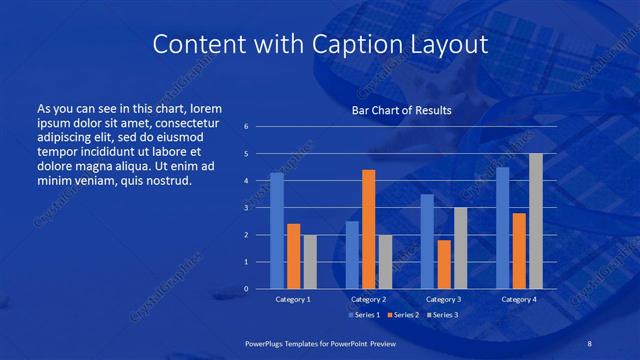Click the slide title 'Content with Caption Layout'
point(320,45)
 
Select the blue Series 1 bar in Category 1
point(277,231)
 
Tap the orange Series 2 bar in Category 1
point(293,256)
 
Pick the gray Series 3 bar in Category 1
point(310,262)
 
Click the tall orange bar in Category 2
point(368,229)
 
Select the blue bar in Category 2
point(352,255)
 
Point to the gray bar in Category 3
point(460,248)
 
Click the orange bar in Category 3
point(444,264)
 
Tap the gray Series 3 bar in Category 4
point(536,221)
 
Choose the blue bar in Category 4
point(502,228)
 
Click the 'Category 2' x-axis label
point(368,299)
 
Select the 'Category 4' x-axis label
point(518,299)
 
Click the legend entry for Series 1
point(364,315)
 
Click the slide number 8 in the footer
point(589,343)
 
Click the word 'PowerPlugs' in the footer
point(267,343)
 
